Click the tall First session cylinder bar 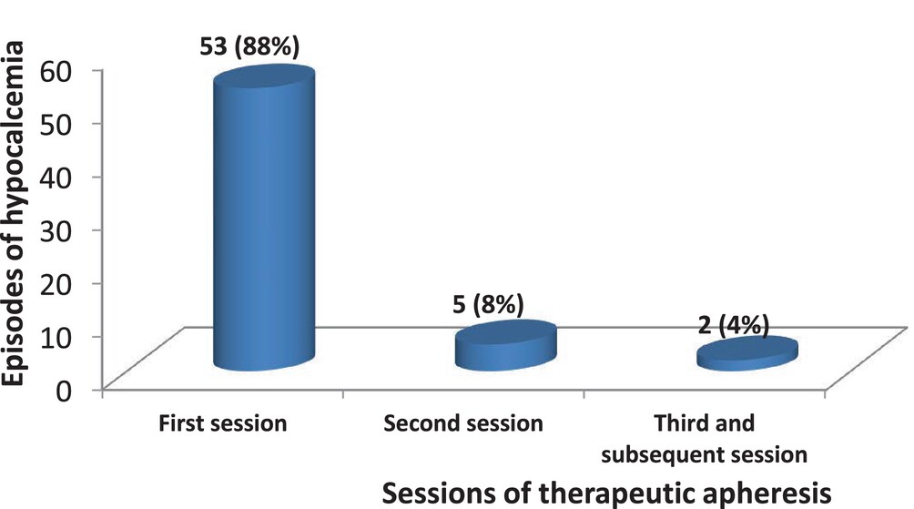click(x=264, y=218)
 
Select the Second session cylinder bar click(x=506, y=345)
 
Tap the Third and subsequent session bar click(x=747, y=353)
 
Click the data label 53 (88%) click(x=249, y=46)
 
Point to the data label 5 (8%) click(x=489, y=304)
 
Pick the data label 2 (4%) click(x=734, y=325)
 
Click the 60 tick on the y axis click(x=56, y=72)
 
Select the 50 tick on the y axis click(x=56, y=124)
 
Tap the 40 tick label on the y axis click(x=56, y=178)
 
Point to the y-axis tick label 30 click(x=56, y=230)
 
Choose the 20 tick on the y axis click(x=56, y=283)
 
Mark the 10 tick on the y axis click(x=56, y=336)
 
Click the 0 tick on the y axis click(x=64, y=390)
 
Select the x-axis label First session click(x=223, y=423)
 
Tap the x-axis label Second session click(x=463, y=423)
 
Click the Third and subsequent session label click(x=704, y=439)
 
